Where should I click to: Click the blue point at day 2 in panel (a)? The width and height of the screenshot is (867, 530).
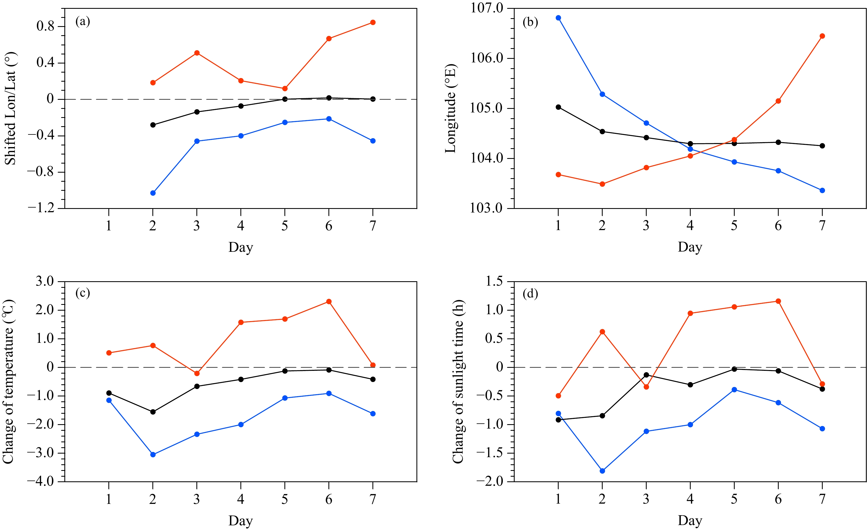pos(153,193)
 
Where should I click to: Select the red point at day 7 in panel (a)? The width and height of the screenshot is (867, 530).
pos(373,23)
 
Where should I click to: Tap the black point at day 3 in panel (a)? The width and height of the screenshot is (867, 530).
pos(197,112)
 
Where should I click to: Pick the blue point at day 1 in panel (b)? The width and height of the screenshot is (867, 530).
pos(558,18)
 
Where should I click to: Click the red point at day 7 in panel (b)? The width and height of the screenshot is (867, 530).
pos(822,36)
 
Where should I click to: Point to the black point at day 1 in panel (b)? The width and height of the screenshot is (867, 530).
pos(558,107)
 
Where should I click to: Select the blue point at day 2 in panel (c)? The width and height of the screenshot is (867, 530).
pos(153,455)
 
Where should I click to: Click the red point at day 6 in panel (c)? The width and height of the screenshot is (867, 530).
pos(329,301)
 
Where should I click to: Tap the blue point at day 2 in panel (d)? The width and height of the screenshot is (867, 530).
pos(602,471)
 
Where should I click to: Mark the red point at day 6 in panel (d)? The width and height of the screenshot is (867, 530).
pos(778,301)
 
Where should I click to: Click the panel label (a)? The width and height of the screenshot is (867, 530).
pos(83,22)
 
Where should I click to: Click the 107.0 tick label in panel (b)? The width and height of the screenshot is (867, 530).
pos(487,8)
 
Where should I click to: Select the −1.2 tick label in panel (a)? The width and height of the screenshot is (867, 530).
pos(41,208)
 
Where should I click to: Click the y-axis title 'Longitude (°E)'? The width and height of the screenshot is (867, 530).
pos(450,108)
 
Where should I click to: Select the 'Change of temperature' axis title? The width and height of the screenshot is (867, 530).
pos(9,382)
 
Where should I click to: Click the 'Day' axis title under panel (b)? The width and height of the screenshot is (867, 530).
pos(690,247)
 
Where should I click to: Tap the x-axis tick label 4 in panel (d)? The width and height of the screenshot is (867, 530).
pos(690,499)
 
